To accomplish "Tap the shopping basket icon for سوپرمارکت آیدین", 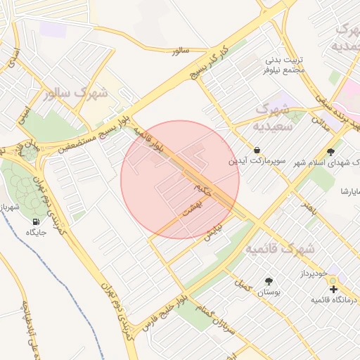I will [257, 150].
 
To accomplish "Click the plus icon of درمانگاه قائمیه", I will [333, 289].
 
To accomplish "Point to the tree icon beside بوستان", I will [269, 281].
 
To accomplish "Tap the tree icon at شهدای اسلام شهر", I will [331, 151].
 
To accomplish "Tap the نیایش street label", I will [213, 233].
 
